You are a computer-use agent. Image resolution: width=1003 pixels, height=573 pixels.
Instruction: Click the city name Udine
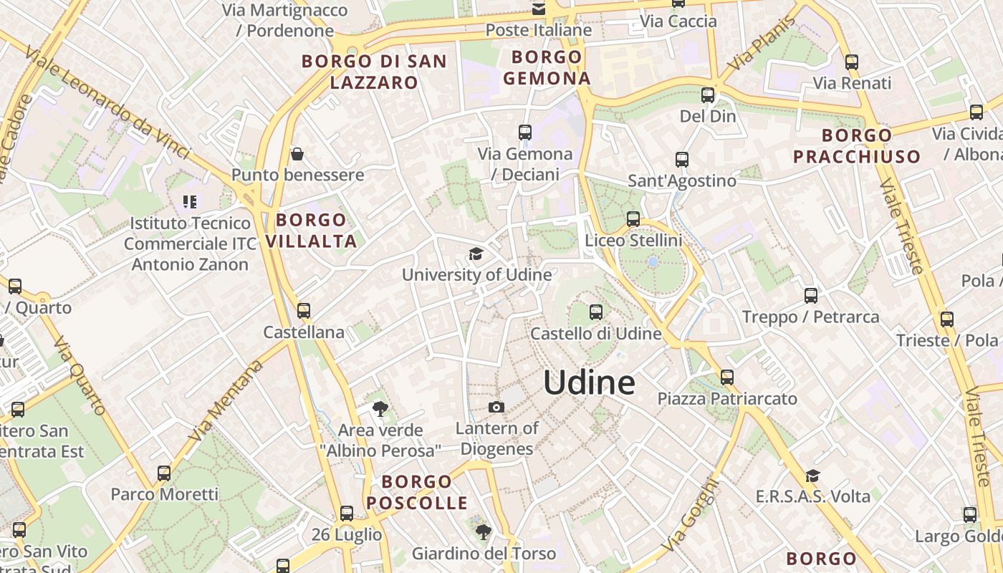[589, 383]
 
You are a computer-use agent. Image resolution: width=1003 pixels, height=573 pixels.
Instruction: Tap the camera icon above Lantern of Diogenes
[496, 408]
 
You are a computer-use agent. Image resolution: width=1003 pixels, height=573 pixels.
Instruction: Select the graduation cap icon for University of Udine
[476, 254]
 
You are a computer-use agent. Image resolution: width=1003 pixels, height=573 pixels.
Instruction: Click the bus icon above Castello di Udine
[595, 312]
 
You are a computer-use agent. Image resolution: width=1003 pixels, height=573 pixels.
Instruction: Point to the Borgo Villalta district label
[311, 231]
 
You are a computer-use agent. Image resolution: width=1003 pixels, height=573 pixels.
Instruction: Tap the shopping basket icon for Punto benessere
[297, 154]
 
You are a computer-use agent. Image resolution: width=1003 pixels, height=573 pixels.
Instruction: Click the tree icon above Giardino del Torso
[484, 532]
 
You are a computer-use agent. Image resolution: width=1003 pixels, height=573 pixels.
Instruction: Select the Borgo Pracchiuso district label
[856, 145]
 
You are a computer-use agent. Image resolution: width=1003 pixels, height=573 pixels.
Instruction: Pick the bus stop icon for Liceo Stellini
[633, 219]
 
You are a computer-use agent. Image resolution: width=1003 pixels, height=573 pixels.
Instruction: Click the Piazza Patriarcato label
[727, 398]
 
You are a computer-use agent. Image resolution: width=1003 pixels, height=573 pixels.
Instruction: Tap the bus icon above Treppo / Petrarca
[810, 295]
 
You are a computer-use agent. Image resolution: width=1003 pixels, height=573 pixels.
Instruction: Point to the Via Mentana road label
[225, 402]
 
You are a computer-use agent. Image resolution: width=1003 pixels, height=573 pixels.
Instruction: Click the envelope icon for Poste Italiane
[538, 9]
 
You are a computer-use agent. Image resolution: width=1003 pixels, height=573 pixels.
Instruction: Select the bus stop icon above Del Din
[708, 95]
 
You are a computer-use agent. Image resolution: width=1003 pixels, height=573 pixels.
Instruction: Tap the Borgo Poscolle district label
[416, 492]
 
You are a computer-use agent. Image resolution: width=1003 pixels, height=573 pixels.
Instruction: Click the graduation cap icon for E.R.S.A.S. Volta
[812, 476]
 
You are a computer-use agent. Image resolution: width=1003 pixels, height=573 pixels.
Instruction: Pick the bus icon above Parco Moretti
[164, 473]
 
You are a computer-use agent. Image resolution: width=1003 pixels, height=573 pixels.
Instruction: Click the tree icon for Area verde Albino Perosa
[380, 409]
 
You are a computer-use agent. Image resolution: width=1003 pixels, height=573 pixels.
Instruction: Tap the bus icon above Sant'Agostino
[682, 160]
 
